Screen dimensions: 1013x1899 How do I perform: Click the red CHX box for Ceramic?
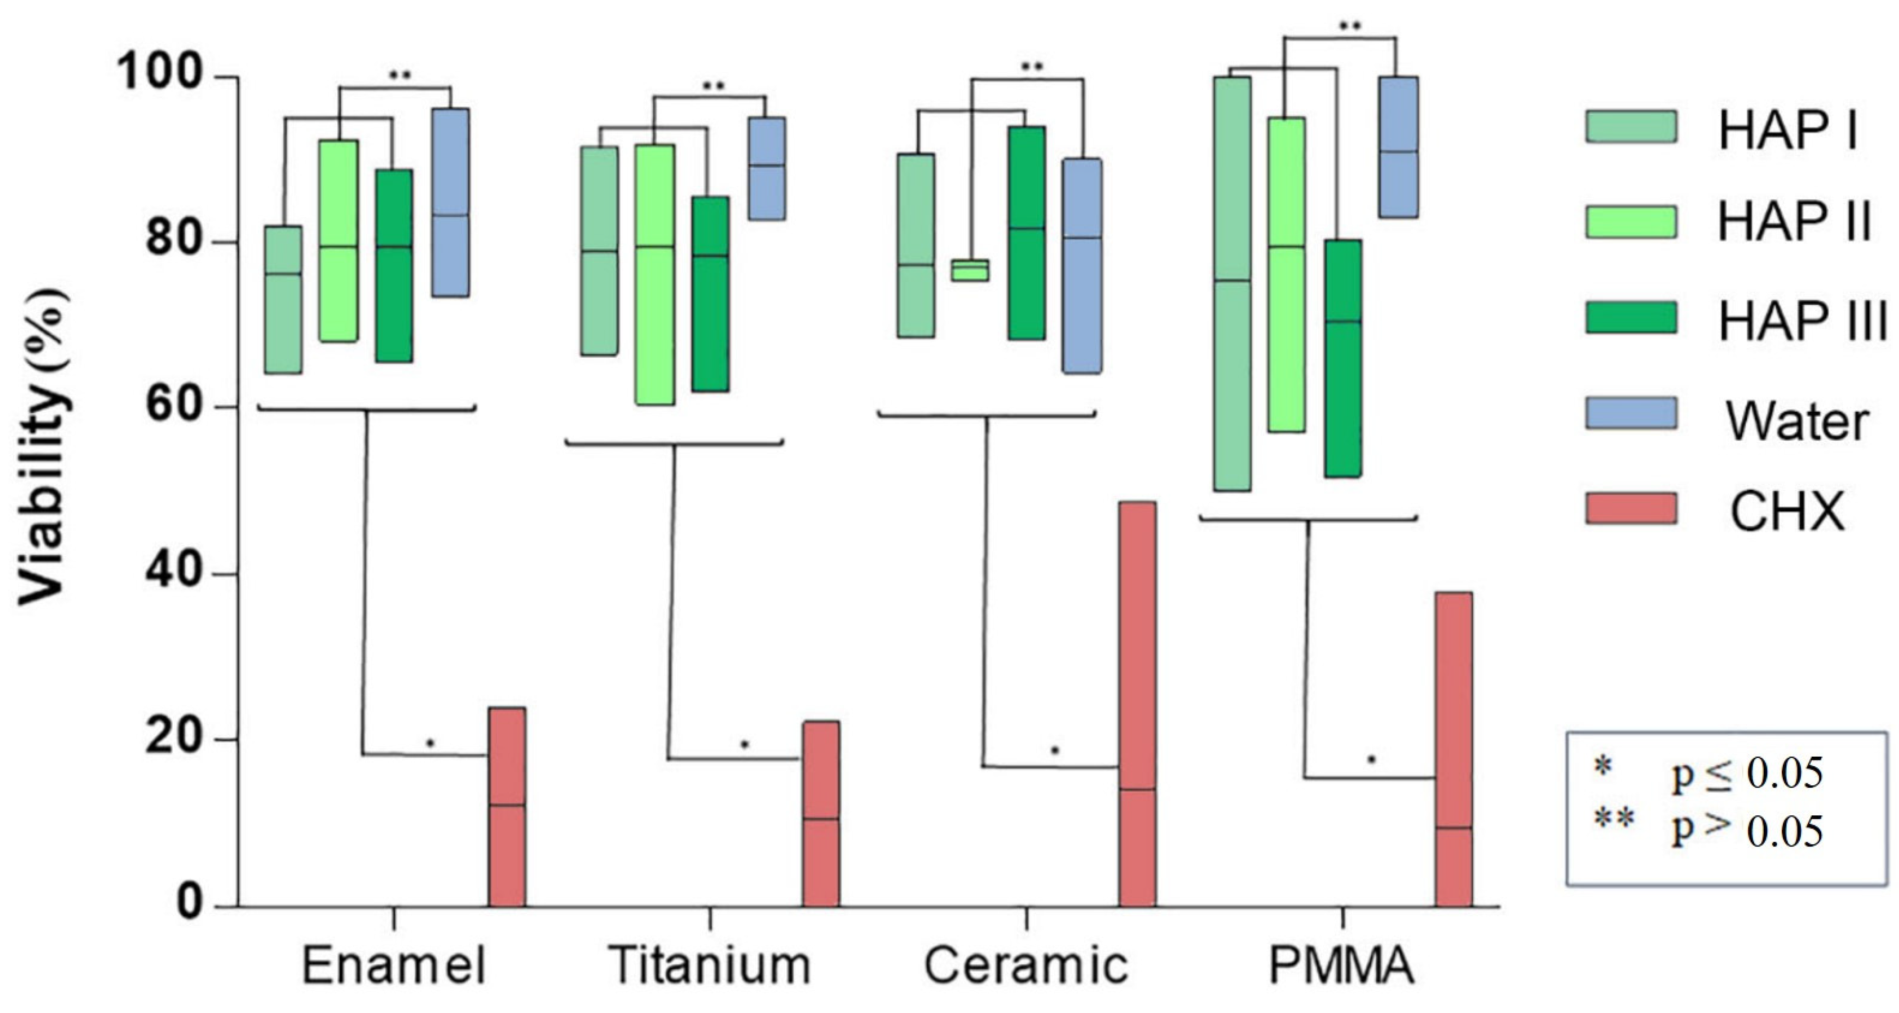1138,704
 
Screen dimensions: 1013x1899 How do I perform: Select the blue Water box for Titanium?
767,168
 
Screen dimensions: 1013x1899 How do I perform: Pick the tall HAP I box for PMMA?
1232,284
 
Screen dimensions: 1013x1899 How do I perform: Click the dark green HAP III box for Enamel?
394,265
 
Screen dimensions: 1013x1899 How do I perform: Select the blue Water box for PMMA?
1399,147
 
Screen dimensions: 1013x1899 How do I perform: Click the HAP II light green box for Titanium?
655,274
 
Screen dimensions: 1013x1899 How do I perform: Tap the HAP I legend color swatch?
1631,127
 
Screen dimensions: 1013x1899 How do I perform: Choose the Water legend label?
1796,422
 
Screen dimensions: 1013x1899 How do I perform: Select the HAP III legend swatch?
1631,319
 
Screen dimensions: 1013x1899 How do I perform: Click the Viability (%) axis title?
44,446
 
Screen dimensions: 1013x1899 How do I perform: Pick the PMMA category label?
1342,966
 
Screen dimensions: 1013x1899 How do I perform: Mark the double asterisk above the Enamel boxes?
401,75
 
